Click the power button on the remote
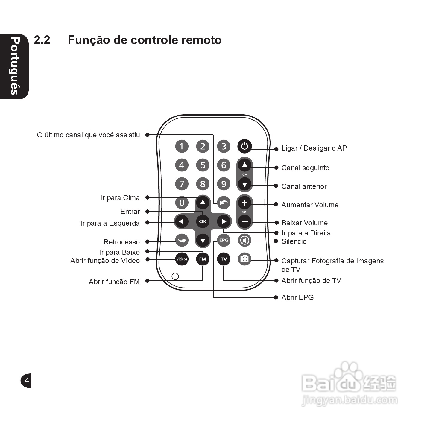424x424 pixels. pyautogui.click(x=244, y=146)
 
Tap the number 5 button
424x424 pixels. pyautogui.click(x=203, y=165)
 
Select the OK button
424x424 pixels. pyautogui.click(x=203, y=221)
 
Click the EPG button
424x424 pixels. pyautogui.click(x=224, y=240)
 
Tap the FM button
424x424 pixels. pyautogui.click(x=203, y=259)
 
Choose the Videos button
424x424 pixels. pyautogui.click(x=182, y=259)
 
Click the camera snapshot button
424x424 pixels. pyautogui.click(x=244, y=259)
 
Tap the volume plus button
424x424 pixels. pyautogui.click(x=244, y=203)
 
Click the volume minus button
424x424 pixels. pyautogui.click(x=244, y=221)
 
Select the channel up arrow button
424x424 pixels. pyautogui.click(x=244, y=165)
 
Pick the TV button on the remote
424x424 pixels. pyautogui.click(x=224, y=259)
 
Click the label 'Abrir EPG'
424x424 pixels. pyautogui.click(x=297, y=297)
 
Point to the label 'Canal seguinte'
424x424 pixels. pyautogui.click(x=305, y=168)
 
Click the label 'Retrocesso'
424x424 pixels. pyautogui.click(x=121, y=242)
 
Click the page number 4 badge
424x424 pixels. pyautogui.click(x=27, y=381)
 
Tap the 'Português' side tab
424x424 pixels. pyautogui.click(x=14, y=66)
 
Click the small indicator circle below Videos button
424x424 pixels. pyautogui.click(x=175, y=276)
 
